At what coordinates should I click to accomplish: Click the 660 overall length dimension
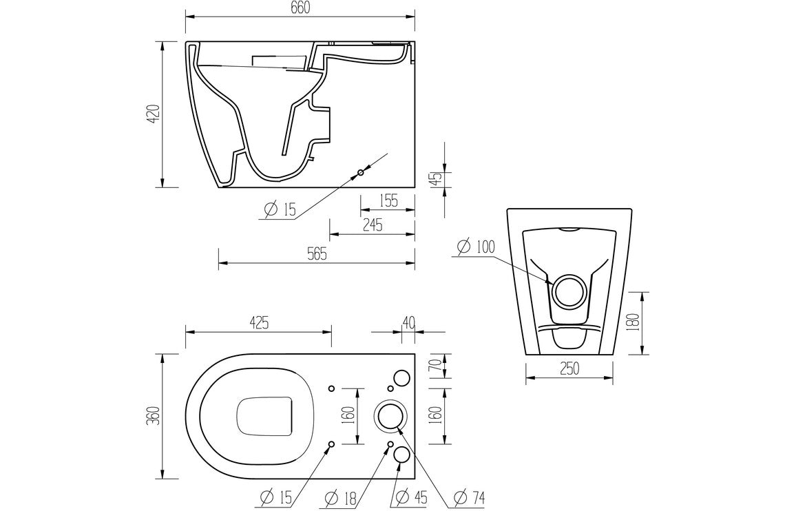coord(300,8)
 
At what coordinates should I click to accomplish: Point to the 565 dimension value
coord(317,254)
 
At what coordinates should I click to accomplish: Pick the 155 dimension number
coord(388,201)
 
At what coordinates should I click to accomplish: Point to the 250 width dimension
coord(569,368)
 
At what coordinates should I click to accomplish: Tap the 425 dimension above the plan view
coord(258,322)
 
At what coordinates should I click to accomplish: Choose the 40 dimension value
coord(408,322)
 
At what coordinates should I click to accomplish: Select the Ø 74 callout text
coord(470,496)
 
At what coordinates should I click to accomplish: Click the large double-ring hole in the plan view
coord(390,416)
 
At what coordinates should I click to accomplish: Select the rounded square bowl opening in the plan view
coord(266,416)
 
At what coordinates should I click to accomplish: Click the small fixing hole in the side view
coord(360,173)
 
